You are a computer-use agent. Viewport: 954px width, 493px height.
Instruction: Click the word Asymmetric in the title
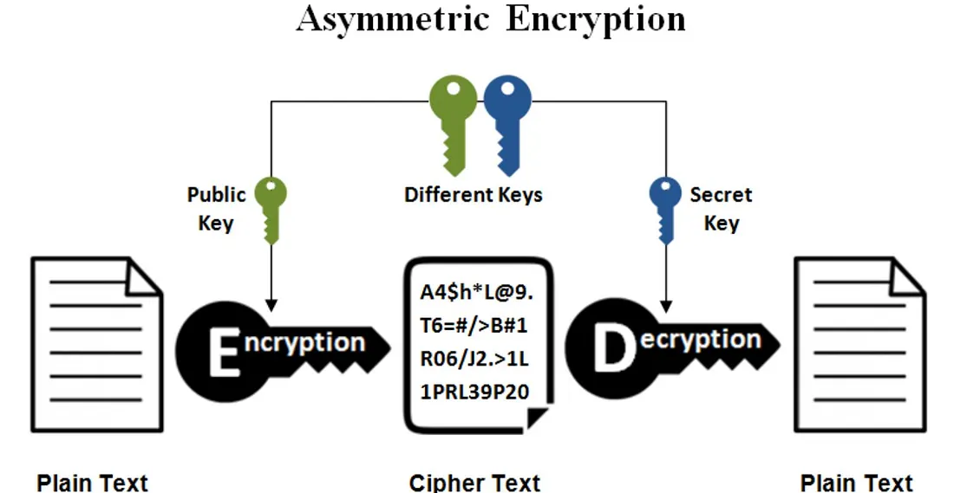[395, 19]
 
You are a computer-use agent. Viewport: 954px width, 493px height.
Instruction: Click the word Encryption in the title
[596, 19]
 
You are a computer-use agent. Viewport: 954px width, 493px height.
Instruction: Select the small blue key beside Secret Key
[666, 208]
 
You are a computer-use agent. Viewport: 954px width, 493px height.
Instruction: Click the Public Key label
[217, 209]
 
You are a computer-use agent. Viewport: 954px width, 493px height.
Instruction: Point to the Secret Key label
[722, 209]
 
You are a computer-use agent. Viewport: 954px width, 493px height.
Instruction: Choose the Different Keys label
[474, 194]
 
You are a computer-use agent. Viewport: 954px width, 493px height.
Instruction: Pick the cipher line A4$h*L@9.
[476, 293]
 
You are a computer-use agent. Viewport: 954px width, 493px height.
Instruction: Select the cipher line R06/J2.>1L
[474, 358]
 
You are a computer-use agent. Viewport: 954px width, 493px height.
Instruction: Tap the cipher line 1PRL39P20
[474, 391]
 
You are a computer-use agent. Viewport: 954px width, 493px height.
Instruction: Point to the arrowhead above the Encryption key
[271, 304]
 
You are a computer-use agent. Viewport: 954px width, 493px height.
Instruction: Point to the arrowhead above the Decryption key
[666, 304]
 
